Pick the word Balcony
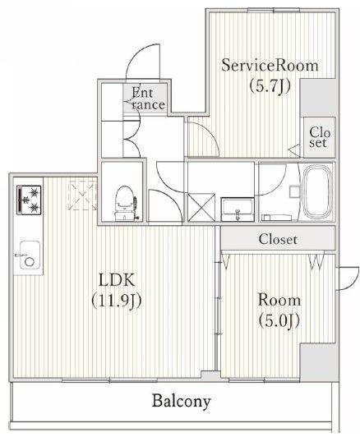pos(182,402)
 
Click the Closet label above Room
pos(277,240)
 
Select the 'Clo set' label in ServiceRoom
pos(318,136)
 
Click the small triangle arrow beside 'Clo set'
pos(293,149)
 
